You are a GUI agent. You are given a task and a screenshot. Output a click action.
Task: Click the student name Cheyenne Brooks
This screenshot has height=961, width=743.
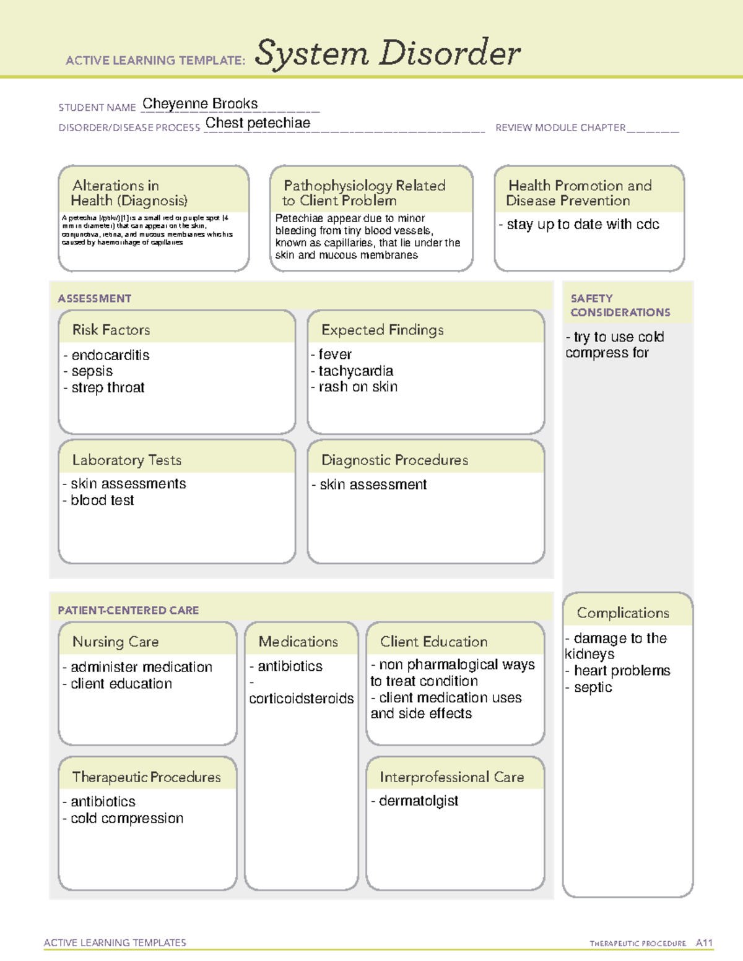[x=200, y=104]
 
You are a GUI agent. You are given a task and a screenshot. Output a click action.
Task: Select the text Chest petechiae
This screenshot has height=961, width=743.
[x=258, y=123]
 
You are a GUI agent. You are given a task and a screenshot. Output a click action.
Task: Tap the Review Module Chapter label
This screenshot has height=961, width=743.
[x=560, y=128]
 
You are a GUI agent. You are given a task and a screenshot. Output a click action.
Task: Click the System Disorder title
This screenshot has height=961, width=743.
[x=387, y=53]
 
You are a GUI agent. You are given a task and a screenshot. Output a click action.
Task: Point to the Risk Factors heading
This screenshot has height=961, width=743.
[x=111, y=330]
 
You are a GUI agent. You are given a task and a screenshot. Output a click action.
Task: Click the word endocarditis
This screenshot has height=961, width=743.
[x=110, y=355]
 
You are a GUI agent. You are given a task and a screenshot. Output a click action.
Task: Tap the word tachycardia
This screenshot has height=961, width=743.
[x=355, y=371]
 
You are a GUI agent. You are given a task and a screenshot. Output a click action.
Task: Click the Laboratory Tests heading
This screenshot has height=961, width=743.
[x=126, y=460]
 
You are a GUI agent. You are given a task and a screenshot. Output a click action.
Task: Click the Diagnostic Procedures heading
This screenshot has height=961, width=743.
[x=394, y=460]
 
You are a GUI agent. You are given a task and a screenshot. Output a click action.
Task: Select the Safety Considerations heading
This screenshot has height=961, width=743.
[x=620, y=306]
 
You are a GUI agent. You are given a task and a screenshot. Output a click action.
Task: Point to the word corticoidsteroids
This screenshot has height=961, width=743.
[x=301, y=699]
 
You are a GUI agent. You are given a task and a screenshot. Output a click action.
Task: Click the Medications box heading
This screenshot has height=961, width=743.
[x=298, y=642]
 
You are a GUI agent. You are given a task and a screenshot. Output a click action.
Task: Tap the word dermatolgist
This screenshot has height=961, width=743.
[x=419, y=801]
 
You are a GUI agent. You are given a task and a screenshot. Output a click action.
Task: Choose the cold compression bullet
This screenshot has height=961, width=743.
[x=127, y=819]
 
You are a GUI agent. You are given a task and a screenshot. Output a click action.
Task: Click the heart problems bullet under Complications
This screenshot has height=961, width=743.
[x=622, y=671]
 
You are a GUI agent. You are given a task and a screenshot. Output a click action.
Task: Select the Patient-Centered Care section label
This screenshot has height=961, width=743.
[x=128, y=610]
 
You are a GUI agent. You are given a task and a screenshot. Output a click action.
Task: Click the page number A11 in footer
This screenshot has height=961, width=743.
[x=704, y=943]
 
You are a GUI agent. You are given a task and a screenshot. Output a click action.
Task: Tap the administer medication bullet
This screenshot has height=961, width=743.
[x=141, y=667]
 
